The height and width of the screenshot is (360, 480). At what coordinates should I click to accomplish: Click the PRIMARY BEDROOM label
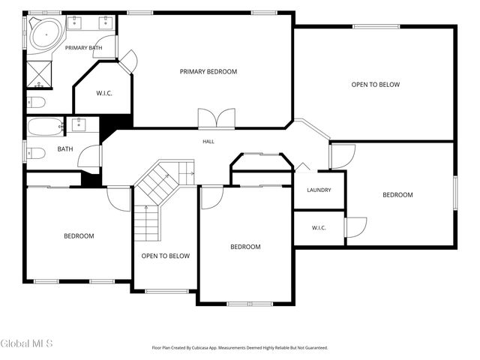click(208, 72)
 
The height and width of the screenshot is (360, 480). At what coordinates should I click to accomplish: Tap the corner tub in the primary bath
click(46, 34)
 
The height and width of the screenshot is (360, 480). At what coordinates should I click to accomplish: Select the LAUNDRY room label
click(319, 190)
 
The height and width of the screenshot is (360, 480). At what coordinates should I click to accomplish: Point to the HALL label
click(208, 142)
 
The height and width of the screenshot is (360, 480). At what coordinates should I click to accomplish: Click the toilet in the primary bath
click(36, 102)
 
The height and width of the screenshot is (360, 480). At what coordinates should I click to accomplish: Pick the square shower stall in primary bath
click(39, 74)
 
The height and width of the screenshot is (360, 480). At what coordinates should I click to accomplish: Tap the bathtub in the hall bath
click(45, 127)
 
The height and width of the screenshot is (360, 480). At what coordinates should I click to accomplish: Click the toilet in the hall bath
click(36, 153)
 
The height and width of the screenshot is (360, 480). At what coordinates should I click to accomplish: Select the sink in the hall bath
click(79, 124)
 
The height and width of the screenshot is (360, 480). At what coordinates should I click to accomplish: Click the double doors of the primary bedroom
click(217, 118)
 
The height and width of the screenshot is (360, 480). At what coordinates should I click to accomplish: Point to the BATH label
click(65, 149)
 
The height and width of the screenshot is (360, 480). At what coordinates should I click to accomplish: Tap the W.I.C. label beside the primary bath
click(104, 93)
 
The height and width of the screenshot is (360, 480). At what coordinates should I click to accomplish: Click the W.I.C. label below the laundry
click(319, 228)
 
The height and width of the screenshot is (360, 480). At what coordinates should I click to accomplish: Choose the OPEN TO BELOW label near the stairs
click(166, 256)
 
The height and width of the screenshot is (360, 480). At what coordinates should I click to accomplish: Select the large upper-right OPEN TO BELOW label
click(376, 85)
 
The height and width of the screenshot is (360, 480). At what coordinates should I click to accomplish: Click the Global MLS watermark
click(27, 343)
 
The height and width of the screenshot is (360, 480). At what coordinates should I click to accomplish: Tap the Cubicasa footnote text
click(240, 348)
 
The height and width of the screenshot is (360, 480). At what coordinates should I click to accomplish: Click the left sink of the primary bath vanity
click(74, 22)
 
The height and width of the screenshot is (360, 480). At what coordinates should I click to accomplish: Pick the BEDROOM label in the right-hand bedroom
click(397, 195)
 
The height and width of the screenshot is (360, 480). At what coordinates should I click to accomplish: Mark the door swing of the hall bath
click(88, 156)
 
